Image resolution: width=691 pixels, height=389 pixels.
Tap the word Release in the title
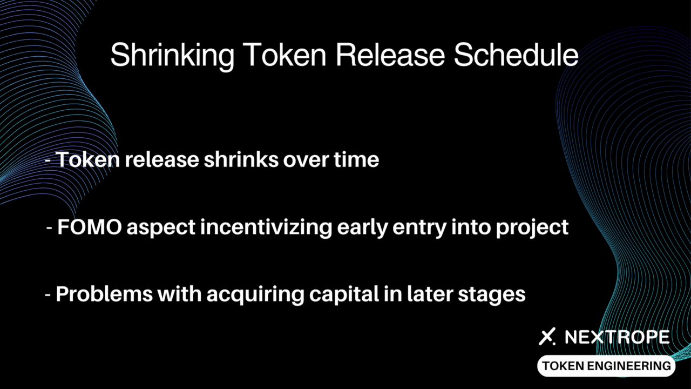pyautogui.click(x=390, y=55)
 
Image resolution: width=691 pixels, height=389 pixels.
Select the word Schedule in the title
pyautogui.click(x=516, y=55)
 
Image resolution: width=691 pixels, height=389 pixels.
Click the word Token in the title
pyautogui.click(x=284, y=55)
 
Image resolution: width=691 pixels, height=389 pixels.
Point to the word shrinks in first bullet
pyautogui.click(x=241, y=159)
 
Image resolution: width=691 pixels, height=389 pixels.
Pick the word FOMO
pyautogui.click(x=90, y=227)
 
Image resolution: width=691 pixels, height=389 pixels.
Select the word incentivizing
pyautogui.click(x=266, y=228)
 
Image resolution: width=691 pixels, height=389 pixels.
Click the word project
pyautogui.click(x=532, y=228)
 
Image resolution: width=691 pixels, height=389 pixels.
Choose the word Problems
pyautogui.click(x=104, y=293)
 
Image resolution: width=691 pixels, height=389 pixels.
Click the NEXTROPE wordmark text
pyautogui.click(x=617, y=337)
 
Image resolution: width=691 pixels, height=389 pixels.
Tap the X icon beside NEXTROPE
pyautogui.click(x=547, y=336)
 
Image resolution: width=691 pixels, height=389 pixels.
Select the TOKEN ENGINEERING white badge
pyautogui.click(x=606, y=366)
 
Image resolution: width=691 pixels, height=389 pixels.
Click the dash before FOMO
pyautogui.click(x=49, y=229)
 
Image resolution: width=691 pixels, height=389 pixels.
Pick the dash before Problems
pyautogui.click(x=48, y=296)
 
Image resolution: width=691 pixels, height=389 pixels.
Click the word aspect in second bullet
pyautogui.click(x=161, y=229)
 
